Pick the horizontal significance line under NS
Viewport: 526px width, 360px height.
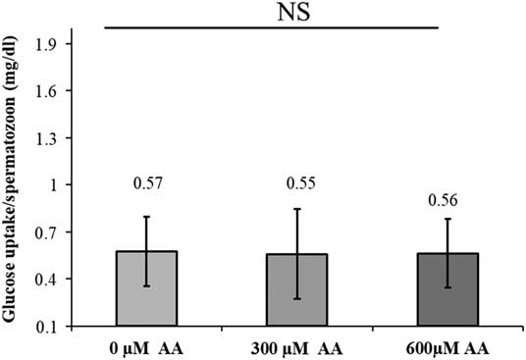tap(271, 27)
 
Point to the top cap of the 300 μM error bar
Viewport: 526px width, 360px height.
tap(296, 209)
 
